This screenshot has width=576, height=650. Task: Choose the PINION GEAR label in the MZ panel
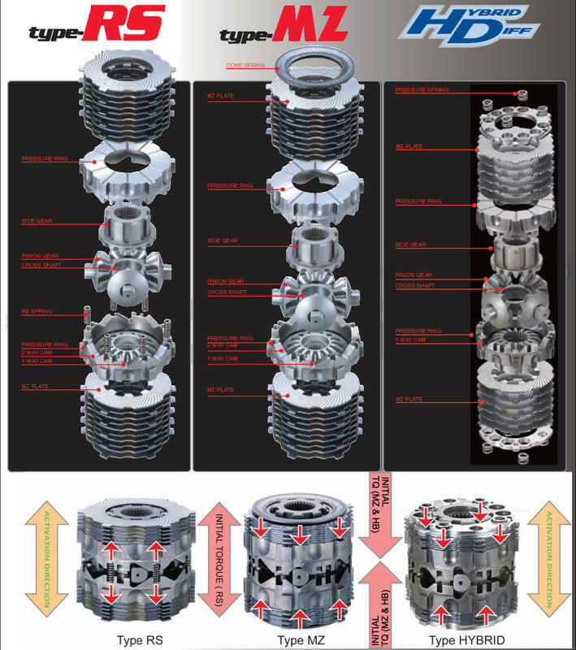[225, 281]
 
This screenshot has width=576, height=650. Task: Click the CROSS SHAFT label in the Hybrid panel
[414, 286]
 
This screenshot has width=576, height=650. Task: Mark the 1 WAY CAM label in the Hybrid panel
[410, 340]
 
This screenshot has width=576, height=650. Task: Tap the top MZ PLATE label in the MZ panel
[220, 96]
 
